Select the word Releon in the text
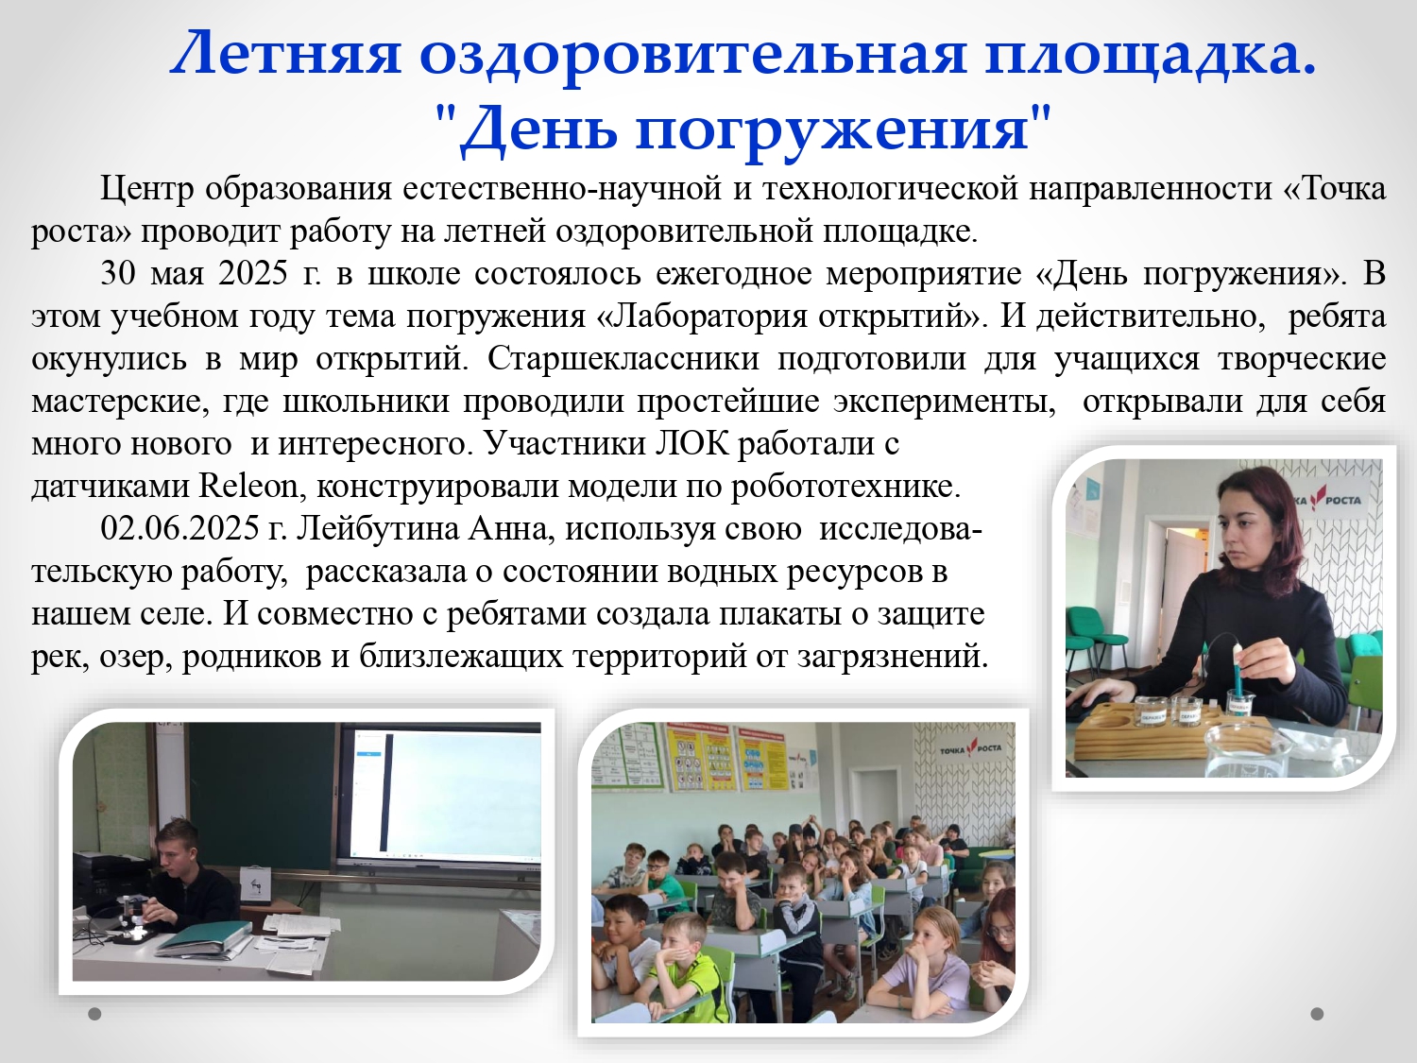click(x=248, y=486)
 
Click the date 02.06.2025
click(x=179, y=528)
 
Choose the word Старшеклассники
click(x=623, y=359)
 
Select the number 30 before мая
click(x=118, y=274)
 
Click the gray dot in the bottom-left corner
click(x=94, y=1014)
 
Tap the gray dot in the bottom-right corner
click(x=1318, y=1014)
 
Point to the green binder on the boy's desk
click(x=201, y=936)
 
